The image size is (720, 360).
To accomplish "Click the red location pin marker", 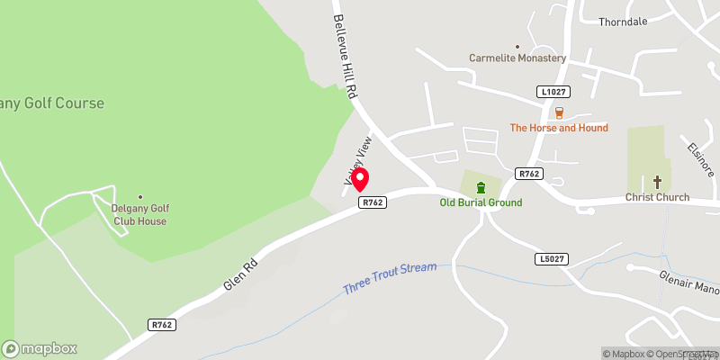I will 360,180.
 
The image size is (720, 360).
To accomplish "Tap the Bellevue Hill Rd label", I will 346,55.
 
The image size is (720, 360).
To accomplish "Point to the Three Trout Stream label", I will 389,279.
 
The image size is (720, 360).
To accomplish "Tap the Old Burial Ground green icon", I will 481,187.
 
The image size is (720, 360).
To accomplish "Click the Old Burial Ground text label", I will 481,202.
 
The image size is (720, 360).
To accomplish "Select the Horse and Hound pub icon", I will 559,112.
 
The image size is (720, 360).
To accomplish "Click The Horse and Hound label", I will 559,128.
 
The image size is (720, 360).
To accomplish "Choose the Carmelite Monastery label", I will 517,58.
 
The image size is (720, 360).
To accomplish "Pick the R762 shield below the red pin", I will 373,202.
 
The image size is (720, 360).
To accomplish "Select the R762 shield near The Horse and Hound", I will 528,173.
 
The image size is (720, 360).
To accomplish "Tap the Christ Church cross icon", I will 657,182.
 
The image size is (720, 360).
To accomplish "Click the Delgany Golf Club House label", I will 139,214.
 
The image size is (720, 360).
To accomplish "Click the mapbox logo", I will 40,348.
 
